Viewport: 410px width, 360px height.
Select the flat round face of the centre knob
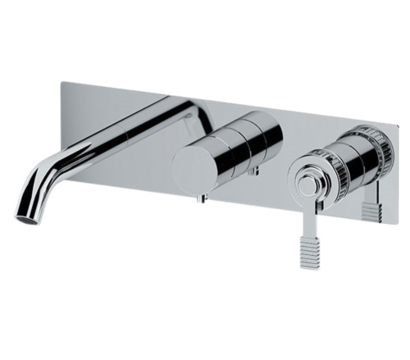click(x=196, y=168)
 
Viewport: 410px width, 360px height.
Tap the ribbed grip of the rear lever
click(x=372, y=212)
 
